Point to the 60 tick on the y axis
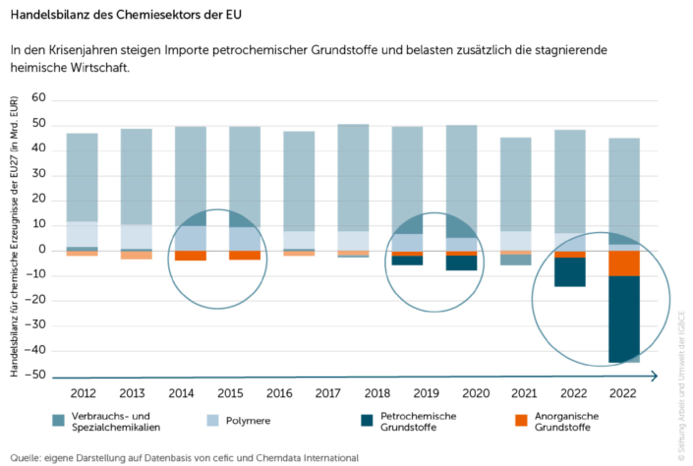pyautogui.click(x=39, y=98)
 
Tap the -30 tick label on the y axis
pyautogui.click(x=36, y=325)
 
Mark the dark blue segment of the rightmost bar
pyautogui.click(x=622, y=319)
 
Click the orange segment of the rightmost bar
pyautogui.click(x=622, y=262)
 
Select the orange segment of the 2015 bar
pyautogui.click(x=245, y=255)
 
